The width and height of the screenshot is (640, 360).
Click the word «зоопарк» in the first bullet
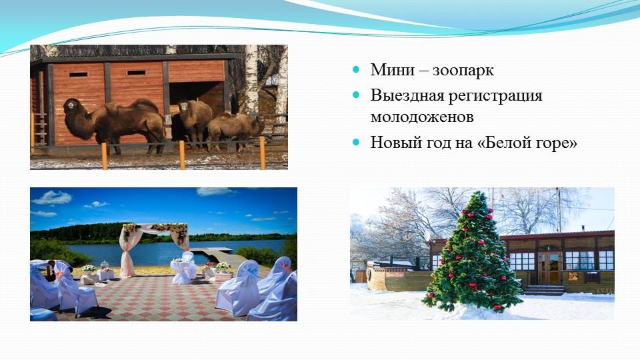tap(463, 71)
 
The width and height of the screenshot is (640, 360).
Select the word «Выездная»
tap(407, 95)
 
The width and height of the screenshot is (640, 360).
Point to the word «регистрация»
tap(495, 97)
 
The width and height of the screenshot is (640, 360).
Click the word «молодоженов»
tap(422, 117)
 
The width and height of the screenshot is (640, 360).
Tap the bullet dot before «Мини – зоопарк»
tap(356, 69)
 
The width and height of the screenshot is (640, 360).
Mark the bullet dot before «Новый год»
tap(356, 142)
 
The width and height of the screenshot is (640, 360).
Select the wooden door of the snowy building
tap(549, 268)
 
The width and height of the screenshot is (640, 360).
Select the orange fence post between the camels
tap(181, 155)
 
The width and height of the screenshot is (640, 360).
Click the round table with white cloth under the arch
tap(184, 271)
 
